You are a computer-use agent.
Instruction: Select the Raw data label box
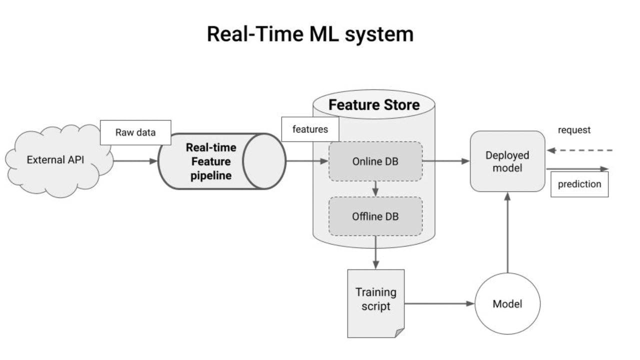pyautogui.click(x=135, y=132)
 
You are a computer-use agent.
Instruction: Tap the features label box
pyautogui.click(x=310, y=129)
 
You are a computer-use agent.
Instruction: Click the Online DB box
pyautogui.click(x=375, y=161)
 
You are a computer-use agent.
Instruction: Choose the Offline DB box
pyautogui.click(x=375, y=216)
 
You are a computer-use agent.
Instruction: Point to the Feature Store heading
pyautogui.click(x=374, y=105)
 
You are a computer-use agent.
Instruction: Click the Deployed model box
pyautogui.click(x=507, y=161)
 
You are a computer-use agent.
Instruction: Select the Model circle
pyautogui.click(x=507, y=303)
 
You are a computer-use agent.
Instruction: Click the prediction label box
pyautogui.click(x=579, y=184)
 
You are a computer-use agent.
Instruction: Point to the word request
pyautogui.click(x=574, y=130)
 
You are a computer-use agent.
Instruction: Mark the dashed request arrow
pyautogui.click(x=580, y=150)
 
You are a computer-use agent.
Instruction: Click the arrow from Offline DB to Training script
pyautogui.click(x=375, y=252)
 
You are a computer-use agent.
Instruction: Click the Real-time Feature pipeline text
pyautogui.click(x=211, y=161)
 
